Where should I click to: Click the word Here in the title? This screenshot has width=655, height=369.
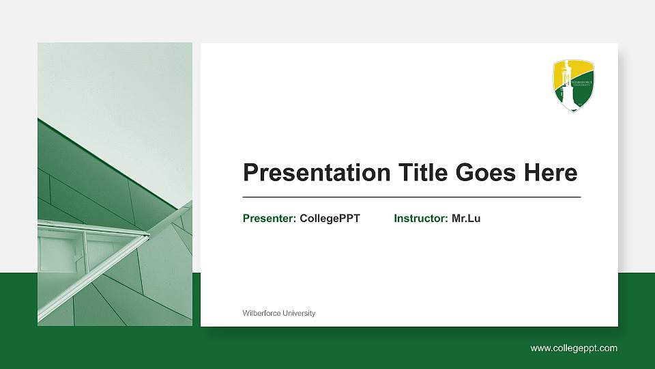[x=550, y=173]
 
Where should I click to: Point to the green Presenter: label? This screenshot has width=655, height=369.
[x=270, y=219]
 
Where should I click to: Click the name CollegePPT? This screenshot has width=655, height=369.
[x=330, y=219]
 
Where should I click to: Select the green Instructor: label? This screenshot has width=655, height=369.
[x=421, y=219]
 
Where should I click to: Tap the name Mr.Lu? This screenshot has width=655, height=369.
[x=466, y=219]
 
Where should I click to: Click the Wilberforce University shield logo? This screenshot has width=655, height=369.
[x=574, y=85]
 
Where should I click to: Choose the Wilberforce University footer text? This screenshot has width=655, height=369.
[x=279, y=313]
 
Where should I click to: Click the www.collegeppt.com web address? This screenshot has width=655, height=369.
[x=574, y=348]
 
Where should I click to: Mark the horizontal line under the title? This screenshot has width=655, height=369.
[x=411, y=197]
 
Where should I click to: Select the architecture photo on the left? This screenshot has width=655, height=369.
[x=115, y=184]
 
